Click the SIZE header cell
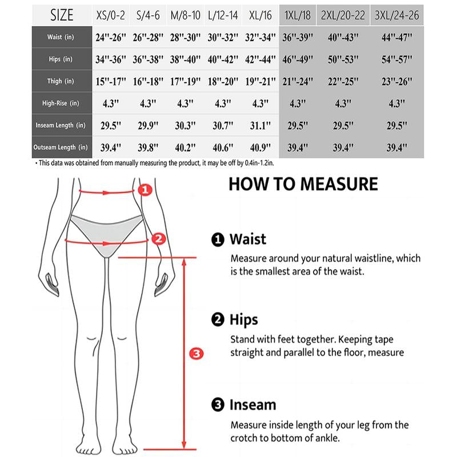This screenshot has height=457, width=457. [x=62, y=15]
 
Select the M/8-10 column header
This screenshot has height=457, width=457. [x=185, y=15]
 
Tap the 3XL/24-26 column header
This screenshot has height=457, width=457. [x=396, y=15]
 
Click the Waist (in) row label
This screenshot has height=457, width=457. [x=61, y=37]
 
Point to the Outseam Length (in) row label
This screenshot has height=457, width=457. [x=61, y=147]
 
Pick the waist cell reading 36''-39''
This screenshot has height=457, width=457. [x=298, y=37]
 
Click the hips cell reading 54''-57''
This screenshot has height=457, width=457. [x=396, y=59]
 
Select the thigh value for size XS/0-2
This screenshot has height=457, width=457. [x=111, y=82]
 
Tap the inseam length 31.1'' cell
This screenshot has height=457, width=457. [x=260, y=126]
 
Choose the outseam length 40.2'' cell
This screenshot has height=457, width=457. [x=185, y=148]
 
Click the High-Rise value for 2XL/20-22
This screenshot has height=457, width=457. [x=343, y=103]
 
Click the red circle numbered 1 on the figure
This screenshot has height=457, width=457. [x=145, y=190]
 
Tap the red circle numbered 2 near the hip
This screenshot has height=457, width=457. [x=159, y=239]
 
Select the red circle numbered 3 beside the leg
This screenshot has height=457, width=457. [x=197, y=354]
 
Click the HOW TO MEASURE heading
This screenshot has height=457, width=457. [x=303, y=184]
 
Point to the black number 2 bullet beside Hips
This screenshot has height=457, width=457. [x=218, y=319]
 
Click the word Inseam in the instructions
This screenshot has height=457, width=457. [x=252, y=405]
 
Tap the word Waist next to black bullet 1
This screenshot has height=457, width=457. [x=248, y=239]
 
